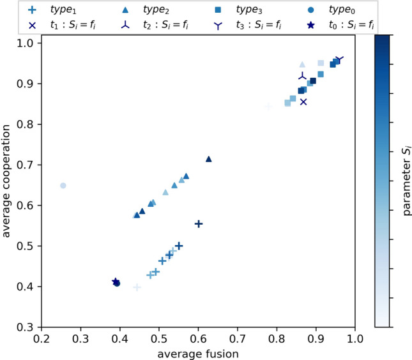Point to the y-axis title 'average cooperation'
click(8, 185)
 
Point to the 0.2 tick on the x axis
click(42, 338)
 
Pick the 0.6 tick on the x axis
click(199, 338)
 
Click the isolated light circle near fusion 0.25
click(63, 186)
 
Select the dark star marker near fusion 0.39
click(115, 281)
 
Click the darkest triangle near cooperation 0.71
click(208, 159)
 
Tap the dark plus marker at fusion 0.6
click(199, 224)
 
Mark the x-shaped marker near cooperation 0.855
click(303, 101)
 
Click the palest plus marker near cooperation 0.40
click(137, 287)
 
